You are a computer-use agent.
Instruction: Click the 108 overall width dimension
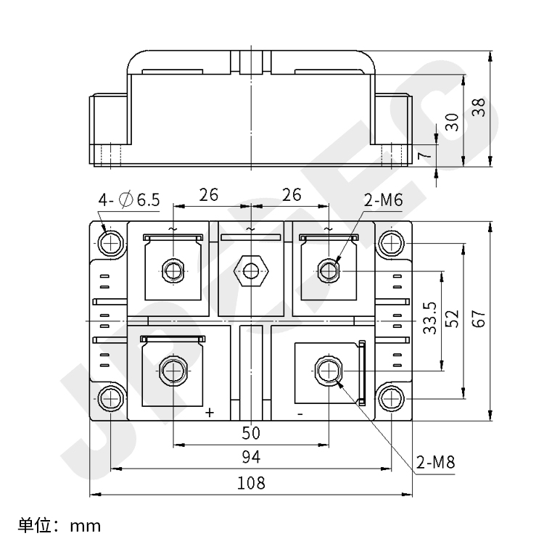click(x=251, y=483)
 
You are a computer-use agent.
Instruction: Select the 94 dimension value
click(x=251, y=457)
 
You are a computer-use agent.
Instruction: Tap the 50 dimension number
click(x=251, y=433)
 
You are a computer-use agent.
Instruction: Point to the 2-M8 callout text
click(x=436, y=462)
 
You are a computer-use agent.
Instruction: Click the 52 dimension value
click(x=453, y=319)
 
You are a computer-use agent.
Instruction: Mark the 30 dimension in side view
click(x=453, y=121)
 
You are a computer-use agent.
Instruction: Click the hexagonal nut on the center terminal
click(x=251, y=271)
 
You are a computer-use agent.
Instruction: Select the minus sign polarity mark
click(x=300, y=413)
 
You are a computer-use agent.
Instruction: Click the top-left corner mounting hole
click(x=112, y=242)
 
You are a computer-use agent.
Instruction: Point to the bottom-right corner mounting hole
click(x=392, y=397)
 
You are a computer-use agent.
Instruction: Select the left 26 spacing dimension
click(x=209, y=195)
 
